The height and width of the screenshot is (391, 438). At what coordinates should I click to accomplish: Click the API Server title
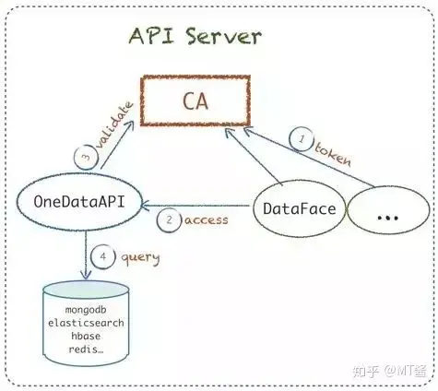pyautogui.click(x=195, y=36)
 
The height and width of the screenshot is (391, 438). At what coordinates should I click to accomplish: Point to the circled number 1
pyautogui.click(x=302, y=139)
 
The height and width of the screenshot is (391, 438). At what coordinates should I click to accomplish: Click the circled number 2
pyautogui.click(x=169, y=219)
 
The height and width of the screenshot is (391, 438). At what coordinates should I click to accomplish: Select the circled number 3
pyautogui.click(x=87, y=157)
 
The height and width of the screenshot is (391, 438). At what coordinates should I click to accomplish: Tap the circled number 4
pyautogui.click(x=103, y=256)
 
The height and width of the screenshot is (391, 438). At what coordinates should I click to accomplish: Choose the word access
pyautogui.click(x=207, y=220)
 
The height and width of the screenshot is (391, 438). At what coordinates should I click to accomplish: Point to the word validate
pyautogui.click(x=114, y=125)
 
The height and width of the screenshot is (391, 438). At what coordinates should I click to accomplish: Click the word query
pyautogui.click(x=140, y=258)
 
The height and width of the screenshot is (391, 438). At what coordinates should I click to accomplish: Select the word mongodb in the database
pyautogui.click(x=86, y=310)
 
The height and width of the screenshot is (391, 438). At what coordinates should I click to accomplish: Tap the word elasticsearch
pyautogui.click(x=86, y=323)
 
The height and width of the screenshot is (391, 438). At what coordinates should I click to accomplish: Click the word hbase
pyautogui.click(x=86, y=336)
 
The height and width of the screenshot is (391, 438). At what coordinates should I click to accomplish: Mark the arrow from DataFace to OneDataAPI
pyautogui.click(x=195, y=206)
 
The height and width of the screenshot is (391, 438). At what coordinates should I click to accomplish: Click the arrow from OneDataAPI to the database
pyautogui.click(x=86, y=255)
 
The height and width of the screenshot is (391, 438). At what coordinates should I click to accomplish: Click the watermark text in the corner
pyautogui.click(x=390, y=371)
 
